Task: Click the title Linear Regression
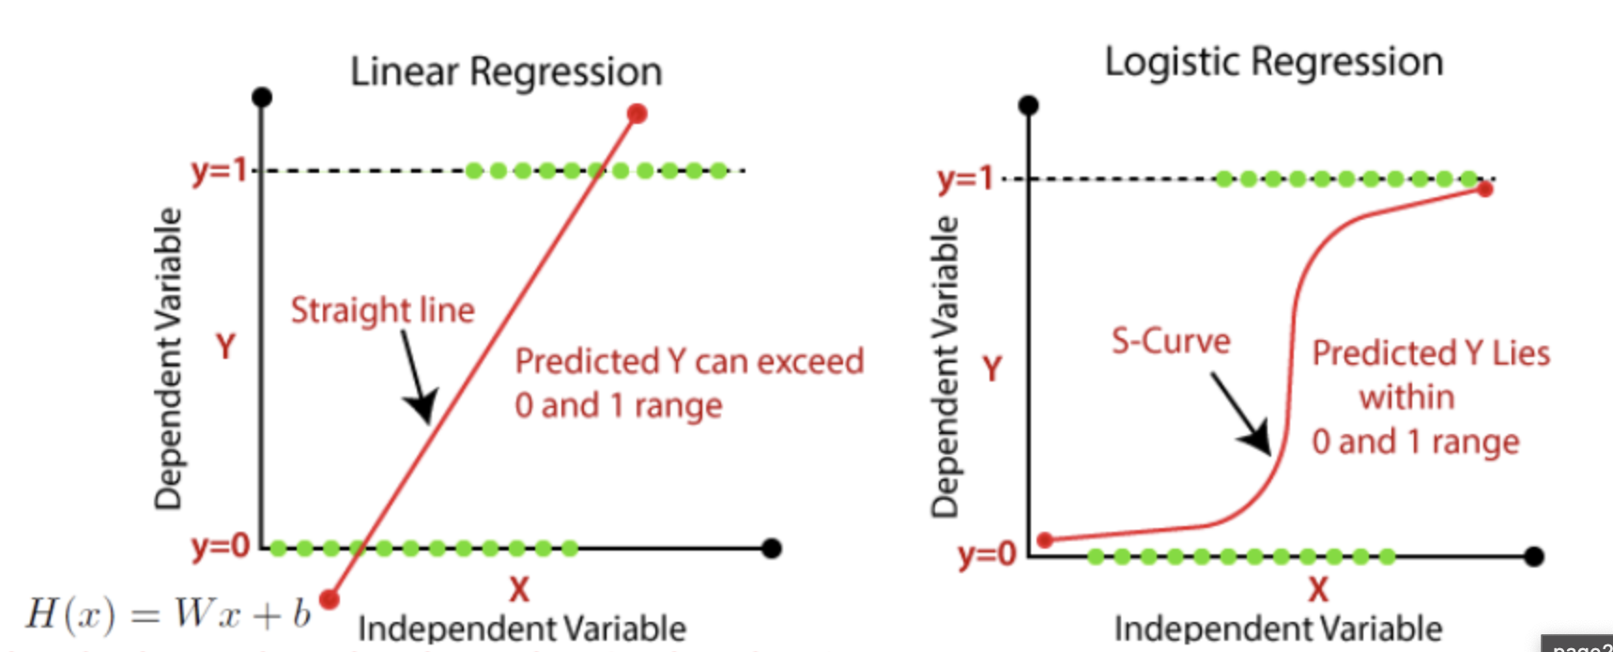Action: point(506,72)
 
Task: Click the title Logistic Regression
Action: point(1273,62)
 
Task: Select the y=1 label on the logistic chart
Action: point(965,178)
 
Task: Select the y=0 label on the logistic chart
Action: point(987,554)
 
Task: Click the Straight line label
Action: point(382,310)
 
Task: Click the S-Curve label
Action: point(1171,340)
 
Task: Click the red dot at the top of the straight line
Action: point(638,115)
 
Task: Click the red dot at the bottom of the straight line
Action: point(329,598)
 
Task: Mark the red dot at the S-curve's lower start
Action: point(1045,540)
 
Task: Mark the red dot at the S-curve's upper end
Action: point(1484,189)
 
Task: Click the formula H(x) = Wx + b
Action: point(167,614)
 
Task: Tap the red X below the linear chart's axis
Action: point(518,590)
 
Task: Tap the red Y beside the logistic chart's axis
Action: point(991,368)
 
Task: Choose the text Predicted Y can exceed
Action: point(689,362)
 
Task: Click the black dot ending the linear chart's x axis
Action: point(772,548)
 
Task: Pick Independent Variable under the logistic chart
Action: point(1278,629)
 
